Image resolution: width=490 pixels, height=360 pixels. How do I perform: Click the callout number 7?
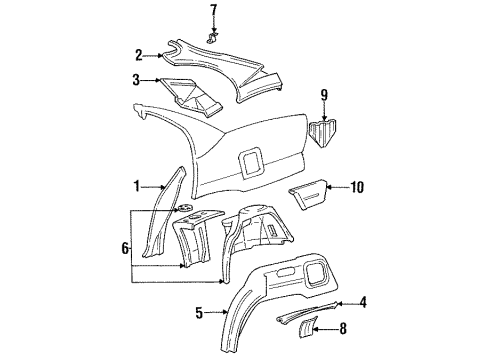click(212, 11)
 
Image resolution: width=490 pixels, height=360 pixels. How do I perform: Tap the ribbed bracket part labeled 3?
click(195, 94)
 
